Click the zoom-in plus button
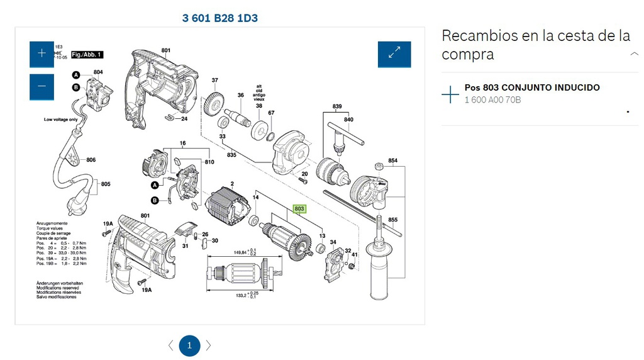42,53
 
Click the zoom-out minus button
42,86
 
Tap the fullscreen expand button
394,54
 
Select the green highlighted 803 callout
299,208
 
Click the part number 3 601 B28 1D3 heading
219,18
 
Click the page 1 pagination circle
189,346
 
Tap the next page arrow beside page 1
209,346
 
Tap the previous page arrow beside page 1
170,346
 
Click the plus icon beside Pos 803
450,94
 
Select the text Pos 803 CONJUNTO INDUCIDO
532,87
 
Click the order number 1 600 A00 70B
492,100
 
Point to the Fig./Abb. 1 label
86,55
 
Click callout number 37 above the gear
214,80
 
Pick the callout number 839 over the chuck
337,106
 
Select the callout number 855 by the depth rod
393,220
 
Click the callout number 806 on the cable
91,160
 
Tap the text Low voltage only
61,119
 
